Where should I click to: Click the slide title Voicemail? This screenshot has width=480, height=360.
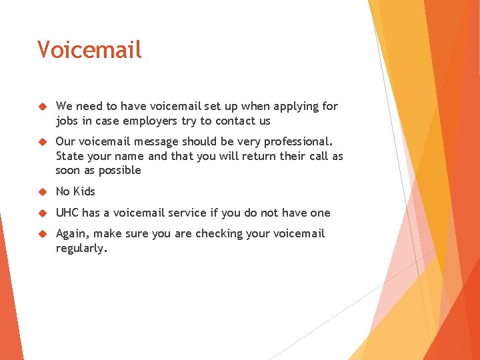pos(89,50)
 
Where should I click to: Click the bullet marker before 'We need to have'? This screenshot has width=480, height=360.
pos(41,106)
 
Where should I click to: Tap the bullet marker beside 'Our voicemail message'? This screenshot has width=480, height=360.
pos(41,141)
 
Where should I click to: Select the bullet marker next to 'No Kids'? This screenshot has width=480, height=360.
pos(41,191)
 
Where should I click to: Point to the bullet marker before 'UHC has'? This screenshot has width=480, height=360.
pos(41,213)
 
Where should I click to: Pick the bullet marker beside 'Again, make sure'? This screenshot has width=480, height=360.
pos(41,233)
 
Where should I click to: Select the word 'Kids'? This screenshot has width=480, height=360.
pos(84,191)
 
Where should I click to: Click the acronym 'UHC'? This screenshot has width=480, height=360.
pos(67,213)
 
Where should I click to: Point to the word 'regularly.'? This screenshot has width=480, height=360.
pos(81,248)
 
